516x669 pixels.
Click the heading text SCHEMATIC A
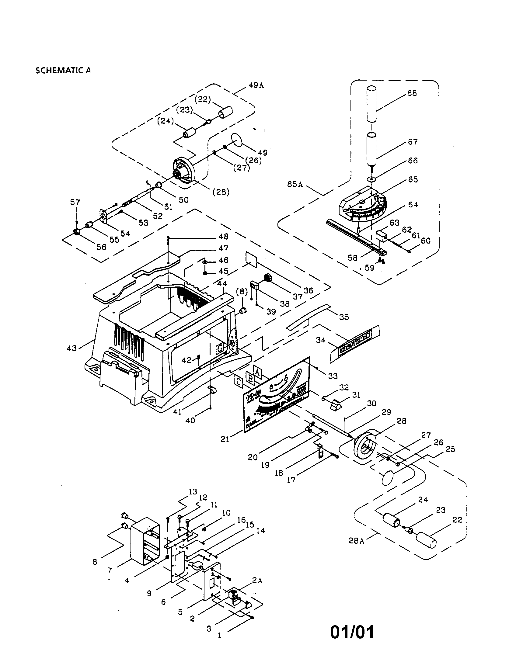(63, 71)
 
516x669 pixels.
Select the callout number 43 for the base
(71, 348)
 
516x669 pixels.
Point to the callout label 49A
(256, 85)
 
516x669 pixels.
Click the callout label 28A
(356, 541)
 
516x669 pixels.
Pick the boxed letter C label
(238, 381)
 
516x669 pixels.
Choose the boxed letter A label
(257, 372)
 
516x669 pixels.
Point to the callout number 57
(75, 202)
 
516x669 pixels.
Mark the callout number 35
(344, 317)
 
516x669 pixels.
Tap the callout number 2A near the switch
(257, 581)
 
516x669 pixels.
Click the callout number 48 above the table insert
(223, 237)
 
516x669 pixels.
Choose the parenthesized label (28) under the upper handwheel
(221, 192)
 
